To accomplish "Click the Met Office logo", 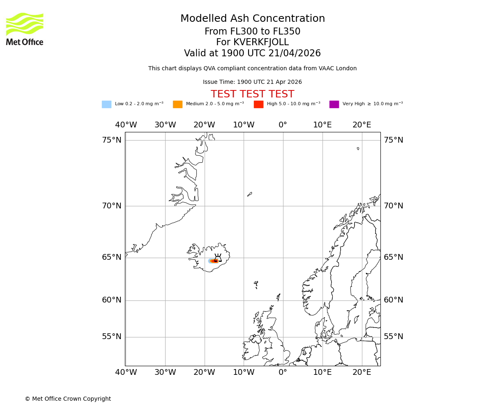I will (x=25, y=29).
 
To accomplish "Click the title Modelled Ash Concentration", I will (x=252, y=19).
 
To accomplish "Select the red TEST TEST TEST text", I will (x=252, y=94).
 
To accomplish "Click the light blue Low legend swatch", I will (x=106, y=104).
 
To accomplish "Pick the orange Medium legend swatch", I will (x=177, y=104).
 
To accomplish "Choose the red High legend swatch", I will (x=258, y=104).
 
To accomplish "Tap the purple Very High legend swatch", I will (x=334, y=104).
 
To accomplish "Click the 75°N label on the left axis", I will (x=112, y=140).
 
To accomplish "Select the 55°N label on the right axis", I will (x=394, y=337).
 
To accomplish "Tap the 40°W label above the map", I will (x=126, y=125).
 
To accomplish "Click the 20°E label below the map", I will (x=362, y=372).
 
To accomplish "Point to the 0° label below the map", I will (x=283, y=372).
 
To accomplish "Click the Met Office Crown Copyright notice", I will (x=68, y=399).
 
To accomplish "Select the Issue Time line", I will (x=252, y=82).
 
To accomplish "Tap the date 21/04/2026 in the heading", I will (x=295, y=53).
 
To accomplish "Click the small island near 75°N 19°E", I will (x=358, y=148).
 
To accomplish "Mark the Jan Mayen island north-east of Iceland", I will (x=249, y=194).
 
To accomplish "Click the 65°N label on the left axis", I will (x=112, y=257).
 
